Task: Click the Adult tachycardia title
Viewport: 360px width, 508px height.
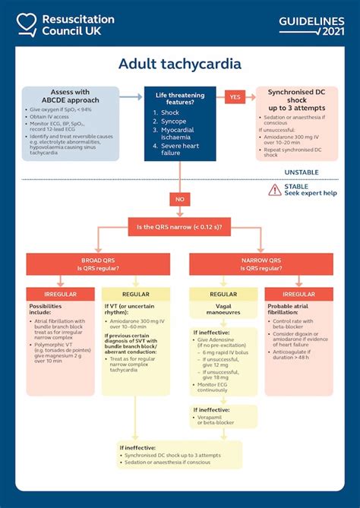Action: [180, 64]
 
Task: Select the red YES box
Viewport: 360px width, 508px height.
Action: [235, 96]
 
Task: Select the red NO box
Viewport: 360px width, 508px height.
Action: [180, 200]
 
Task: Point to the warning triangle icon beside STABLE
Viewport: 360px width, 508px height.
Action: [274, 189]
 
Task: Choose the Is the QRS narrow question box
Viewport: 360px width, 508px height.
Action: [180, 226]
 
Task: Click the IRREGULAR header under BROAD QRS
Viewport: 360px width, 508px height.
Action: [60, 294]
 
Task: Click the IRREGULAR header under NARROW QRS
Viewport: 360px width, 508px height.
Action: [298, 294]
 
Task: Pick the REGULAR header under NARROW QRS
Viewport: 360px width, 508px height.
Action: [223, 294]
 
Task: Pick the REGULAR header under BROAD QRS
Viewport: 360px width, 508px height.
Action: [136, 294]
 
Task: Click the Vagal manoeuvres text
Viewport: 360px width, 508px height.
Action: [223, 309]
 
